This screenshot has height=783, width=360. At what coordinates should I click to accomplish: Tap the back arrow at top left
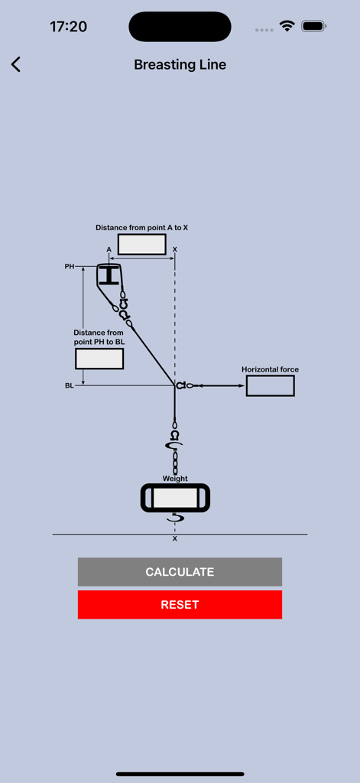coord(16,64)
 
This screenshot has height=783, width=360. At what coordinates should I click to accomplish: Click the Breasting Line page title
coord(180,64)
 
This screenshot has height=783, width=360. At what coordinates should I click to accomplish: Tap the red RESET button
coord(180,604)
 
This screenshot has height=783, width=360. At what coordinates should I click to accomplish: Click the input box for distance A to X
coord(141,245)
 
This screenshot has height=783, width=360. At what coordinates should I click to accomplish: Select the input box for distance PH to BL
coord(99,359)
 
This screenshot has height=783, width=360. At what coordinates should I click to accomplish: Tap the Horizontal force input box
coord(270,385)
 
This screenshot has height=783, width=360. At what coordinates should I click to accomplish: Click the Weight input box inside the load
coord(175,499)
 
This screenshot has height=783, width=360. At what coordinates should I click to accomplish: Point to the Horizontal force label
coord(270,369)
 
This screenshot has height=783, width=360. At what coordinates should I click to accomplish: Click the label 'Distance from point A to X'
coord(141,228)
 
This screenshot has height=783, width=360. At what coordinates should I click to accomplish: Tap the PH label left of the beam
coord(70,267)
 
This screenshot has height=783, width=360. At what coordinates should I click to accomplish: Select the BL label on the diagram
coord(70,386)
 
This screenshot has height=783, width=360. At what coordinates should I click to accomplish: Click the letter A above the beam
coord(109,250)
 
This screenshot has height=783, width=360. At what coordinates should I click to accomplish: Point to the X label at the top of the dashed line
coord(175,250)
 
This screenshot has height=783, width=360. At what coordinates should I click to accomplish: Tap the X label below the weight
coord(175,539)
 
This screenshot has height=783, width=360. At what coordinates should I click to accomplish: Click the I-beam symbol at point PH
coord(110,275)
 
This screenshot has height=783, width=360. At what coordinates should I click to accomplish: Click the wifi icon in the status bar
coord(287,26)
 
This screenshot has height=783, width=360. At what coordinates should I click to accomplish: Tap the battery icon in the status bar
coord(313,26)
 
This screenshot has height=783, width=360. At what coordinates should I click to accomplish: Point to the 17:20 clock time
coord(68,26)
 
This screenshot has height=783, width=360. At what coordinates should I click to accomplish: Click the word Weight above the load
coord(175,479)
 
